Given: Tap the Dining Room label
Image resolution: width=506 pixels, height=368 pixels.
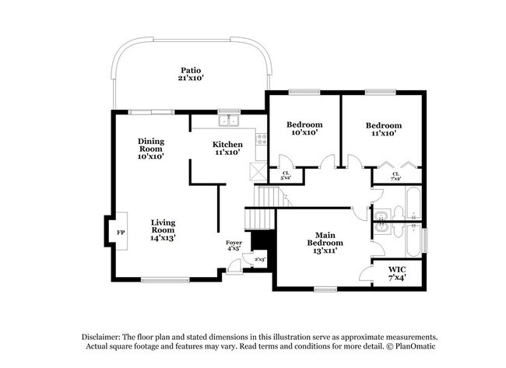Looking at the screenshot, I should tap(151, 149).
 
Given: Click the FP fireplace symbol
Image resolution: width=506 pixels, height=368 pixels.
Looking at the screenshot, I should tap(121, 233).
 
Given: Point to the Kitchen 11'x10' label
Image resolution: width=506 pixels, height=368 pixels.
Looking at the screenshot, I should tap(228, 148).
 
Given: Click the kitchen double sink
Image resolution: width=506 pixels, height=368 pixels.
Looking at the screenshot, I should tap(229, 120).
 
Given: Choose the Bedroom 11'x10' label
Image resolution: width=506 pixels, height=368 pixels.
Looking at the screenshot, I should tap(384, 129).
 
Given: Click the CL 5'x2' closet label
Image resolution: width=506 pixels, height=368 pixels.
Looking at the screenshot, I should tap(286, 176).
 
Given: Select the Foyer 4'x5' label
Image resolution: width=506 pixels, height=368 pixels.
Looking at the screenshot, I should tap(234, 246).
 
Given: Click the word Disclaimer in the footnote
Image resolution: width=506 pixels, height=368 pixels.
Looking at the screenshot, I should tap(102, 335).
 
